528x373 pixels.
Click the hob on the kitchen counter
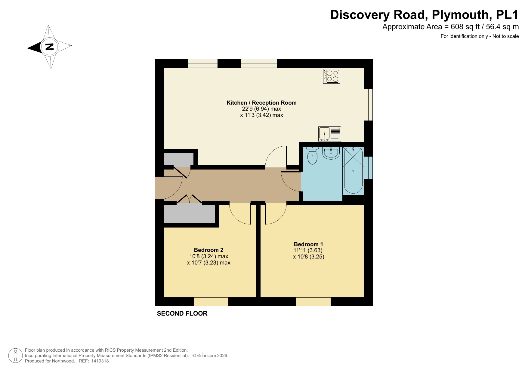[331, 76]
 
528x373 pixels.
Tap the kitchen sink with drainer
[330, 134]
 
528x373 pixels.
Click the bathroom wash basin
[331, 153]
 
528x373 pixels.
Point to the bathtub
[353, 171]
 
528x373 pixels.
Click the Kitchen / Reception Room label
[261, 103]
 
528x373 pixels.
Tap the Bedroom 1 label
[308, 244]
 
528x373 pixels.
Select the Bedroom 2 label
[208, 250]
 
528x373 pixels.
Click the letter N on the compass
[49, 47]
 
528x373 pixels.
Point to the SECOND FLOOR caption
[182, 313]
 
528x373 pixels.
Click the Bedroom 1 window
[313, 302]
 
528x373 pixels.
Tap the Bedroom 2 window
[211, 302]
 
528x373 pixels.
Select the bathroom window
[368, 168]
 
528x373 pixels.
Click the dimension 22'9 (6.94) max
[261, 109]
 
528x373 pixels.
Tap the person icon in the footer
[15, 356]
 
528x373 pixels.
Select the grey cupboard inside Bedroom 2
[189, 214]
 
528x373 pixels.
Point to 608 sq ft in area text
[465, 27]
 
